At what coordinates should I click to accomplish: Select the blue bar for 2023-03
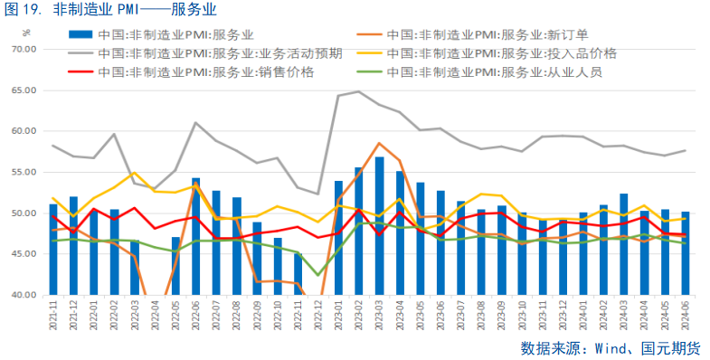[x=380, y=226]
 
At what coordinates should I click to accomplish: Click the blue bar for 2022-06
[x=196, y=237]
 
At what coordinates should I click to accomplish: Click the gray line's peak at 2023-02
[x=359, y=91]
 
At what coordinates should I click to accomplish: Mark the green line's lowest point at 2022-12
[x=318, y=275]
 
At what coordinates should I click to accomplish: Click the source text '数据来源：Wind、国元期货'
[x=611, y=347]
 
